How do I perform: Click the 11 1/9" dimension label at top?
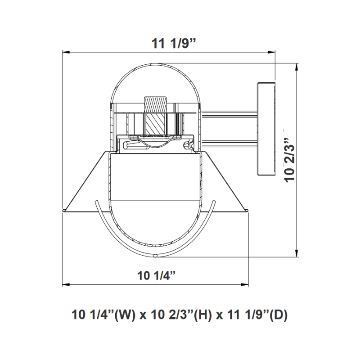tap(174, 43)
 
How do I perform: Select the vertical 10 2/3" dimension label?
tap(289, 160)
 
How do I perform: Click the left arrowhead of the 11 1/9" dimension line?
tap(66, 53)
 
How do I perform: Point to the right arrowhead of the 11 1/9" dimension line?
tap(272, 53)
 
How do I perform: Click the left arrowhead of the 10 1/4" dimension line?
tap(66, 285)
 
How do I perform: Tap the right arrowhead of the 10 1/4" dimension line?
tap(245, 285)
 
